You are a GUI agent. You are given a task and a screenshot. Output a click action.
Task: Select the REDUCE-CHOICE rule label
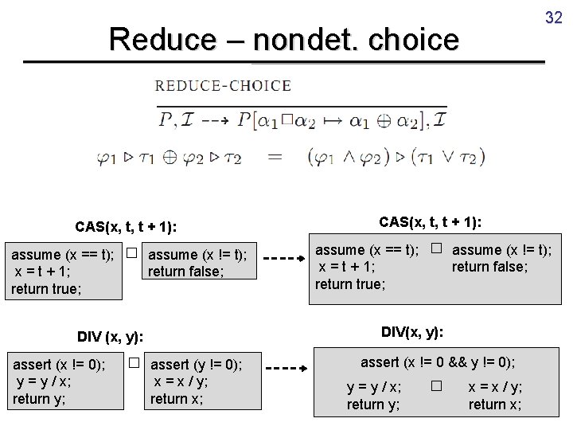coord(222,86)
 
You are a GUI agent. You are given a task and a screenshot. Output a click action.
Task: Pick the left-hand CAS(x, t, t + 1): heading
coord(127,227)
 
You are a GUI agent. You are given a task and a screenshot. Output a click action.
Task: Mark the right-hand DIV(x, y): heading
coord(412,330)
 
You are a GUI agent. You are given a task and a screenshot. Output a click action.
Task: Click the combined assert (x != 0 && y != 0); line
coord(437,362)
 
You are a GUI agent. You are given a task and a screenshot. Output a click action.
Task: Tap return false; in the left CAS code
coord(186,272)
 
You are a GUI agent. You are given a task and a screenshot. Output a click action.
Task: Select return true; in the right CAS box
coord(350,283)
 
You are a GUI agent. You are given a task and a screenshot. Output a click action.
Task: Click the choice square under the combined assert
coord(435,387)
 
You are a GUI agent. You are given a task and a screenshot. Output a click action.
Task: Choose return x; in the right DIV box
coord(495,405)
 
